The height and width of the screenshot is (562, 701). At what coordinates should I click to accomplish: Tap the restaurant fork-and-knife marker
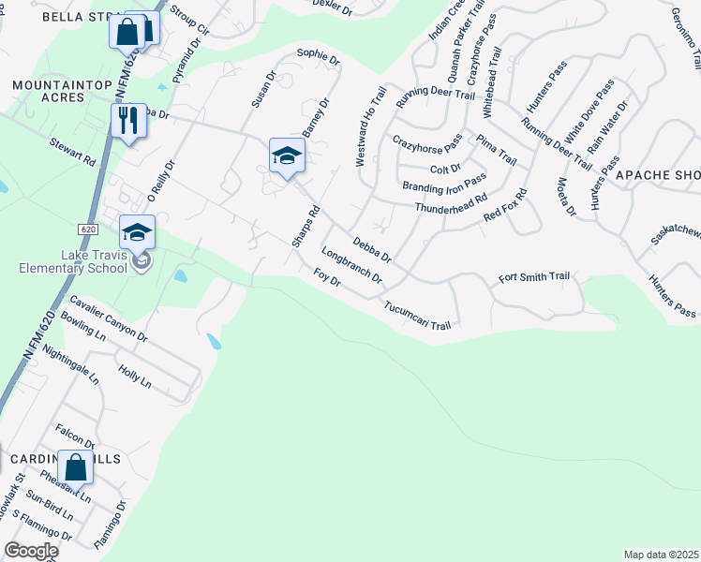coord(128,121)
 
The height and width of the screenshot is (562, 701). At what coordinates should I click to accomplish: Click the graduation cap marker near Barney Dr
coord(287,155)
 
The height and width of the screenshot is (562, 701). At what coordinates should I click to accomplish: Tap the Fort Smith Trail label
coord(534,276)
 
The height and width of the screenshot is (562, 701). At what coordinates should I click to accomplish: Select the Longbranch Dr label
coord(351,265)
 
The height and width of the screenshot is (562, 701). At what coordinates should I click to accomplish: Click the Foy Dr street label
coord(326,278)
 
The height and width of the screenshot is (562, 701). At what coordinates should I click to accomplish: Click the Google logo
coord(30,551)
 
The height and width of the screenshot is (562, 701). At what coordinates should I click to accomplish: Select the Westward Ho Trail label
coord(370,126)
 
